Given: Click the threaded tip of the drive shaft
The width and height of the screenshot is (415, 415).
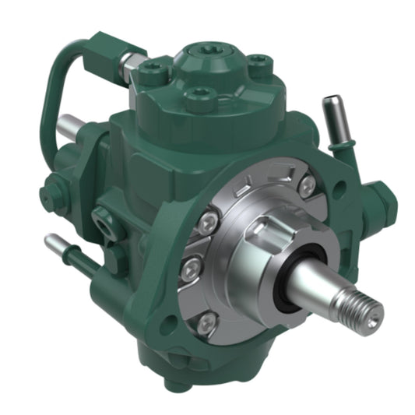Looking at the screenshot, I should point(367,311).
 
